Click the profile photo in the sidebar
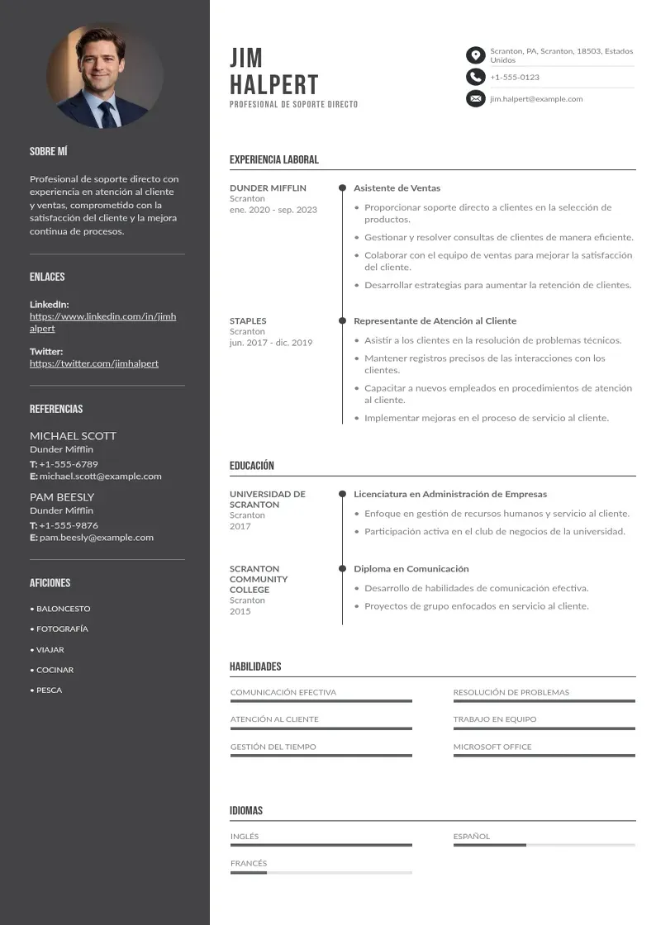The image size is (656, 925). pyautogui.click(x=105, y=75)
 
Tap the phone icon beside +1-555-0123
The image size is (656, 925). pyautogui.click(x=475, y=77)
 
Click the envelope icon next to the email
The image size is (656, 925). pyautogui.click(x=475, y=99)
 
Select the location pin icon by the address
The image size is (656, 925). pyautogui.click(x=475, y=55)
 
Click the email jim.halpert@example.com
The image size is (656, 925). pyautogui.click(x=536, y=99)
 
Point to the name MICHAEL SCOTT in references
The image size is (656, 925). pyautogui.click(x=73, y=436)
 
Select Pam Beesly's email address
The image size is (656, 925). pyautogui.click(x=96, y=538)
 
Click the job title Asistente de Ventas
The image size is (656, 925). pyautogui.click(x=397, y=188)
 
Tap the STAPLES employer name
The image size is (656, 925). pyautogui.click(x=248, y=321)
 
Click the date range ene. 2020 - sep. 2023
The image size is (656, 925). pyautogui.click(x=273, y=210)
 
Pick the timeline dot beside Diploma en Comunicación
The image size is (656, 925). pyautogui.click(x=342, y=569)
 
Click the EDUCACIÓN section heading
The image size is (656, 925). pyautogui.click(x=252, y=466)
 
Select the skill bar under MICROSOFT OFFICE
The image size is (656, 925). pyautogui.click(x=544, y=756)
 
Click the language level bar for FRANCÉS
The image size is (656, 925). pyautogui.click(x=321, y=873)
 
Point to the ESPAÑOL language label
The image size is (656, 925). pyautogui.click(x=471, y=837)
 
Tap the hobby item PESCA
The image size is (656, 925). pyautogui.click(x=49, y=690)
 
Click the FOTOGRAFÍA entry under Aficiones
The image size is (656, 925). pyautogui.click(x=62, y=629)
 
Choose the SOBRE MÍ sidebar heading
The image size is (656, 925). pyautogui.click(x=49, y=152)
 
